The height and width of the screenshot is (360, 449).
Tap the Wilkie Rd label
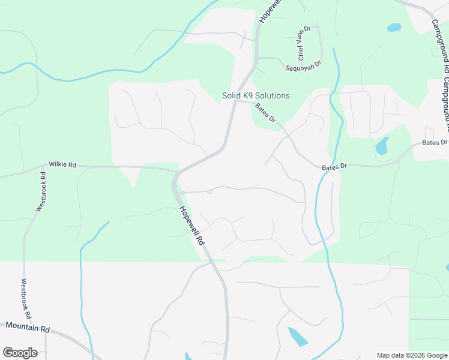62,164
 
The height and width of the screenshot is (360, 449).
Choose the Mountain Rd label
28,328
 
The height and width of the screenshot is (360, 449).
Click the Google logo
20,353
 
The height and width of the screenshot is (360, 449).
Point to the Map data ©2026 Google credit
412,355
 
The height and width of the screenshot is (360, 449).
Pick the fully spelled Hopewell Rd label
192,225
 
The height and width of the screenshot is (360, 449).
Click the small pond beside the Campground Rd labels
394,28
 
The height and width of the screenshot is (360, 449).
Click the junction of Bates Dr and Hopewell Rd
235,101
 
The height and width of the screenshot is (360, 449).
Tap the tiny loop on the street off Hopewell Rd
209,191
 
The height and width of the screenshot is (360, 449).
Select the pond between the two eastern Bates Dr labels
381,146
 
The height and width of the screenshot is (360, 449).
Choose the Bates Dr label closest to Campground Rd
435,142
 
